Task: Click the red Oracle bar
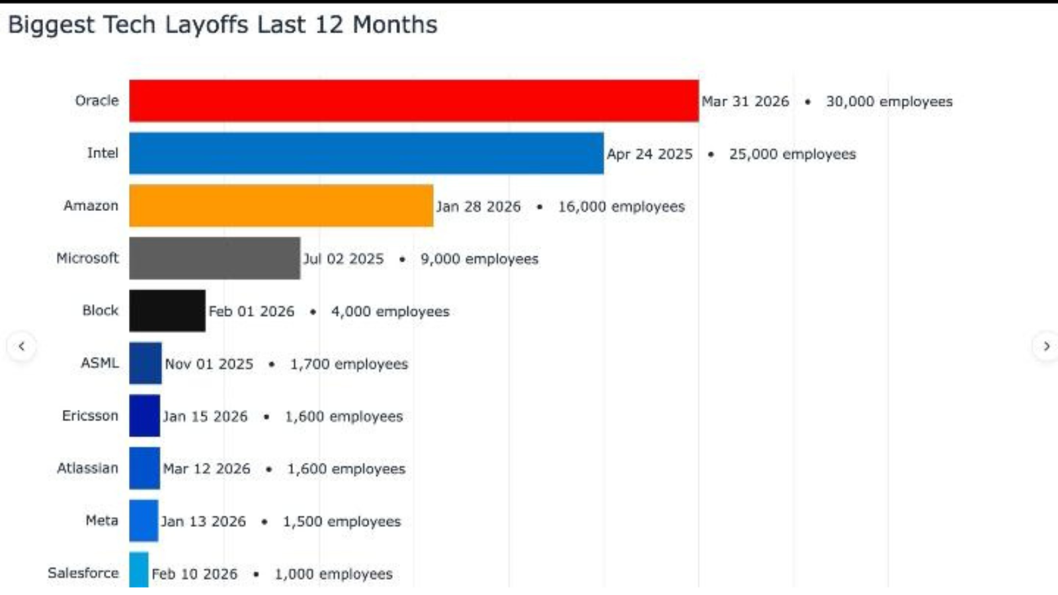pos(413,100)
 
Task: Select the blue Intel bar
pos(366,153)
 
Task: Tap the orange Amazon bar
pos(281,206)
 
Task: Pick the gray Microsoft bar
pos(214,258)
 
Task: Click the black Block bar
pos(167,311)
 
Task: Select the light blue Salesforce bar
pos(139,570)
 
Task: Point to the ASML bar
pos(145,363)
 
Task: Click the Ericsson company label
pos(90,416)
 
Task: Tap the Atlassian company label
pos(87,468)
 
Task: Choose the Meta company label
pos(102,520)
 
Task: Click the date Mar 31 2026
pos(745,101)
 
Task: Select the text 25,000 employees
pos(792,154)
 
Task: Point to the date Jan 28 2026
pos(478,206)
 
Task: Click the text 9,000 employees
pos(479,259)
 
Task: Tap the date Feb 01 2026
pos(251,311)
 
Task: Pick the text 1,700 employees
pos(349,364)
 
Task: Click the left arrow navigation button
pos(21,346)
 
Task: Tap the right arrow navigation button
pos(1046,346)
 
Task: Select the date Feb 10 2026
pos(194,574)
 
